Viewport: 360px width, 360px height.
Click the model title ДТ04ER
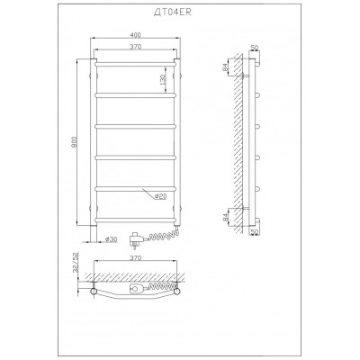[172, 12]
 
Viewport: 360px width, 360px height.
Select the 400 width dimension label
[135, 35]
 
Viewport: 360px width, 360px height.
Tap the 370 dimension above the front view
[136, 47]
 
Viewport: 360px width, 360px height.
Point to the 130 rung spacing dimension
[163, 79]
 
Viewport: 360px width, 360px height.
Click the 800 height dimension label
[75, 142]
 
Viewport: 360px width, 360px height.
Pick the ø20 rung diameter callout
[160, 196]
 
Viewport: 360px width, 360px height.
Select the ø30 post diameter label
[111, 239]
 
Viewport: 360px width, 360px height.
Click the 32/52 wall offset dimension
[76, 262]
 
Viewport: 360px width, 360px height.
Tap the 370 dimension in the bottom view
[136, 257]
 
